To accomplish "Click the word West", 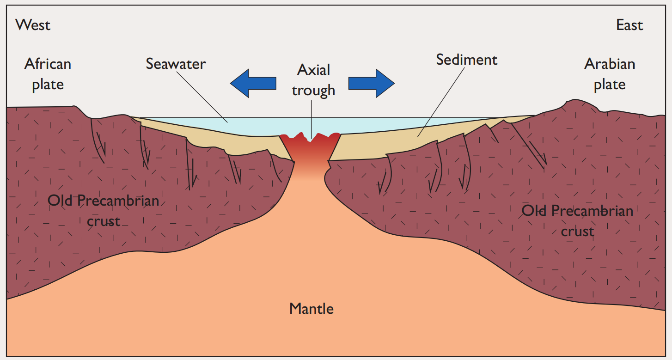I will [33, 24].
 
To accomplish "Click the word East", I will [629, 25].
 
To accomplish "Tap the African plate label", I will [48, 73].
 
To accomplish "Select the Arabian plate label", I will [610, 74].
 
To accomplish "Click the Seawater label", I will [176, 63].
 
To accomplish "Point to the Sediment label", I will [467, 60].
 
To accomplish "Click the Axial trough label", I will [313, 79].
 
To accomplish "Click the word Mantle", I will [312, 308].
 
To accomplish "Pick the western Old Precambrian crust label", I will [104, 211].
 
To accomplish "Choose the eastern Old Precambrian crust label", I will [577, 220].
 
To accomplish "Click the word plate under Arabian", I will [610, 85].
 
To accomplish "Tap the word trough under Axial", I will [313, 90].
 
